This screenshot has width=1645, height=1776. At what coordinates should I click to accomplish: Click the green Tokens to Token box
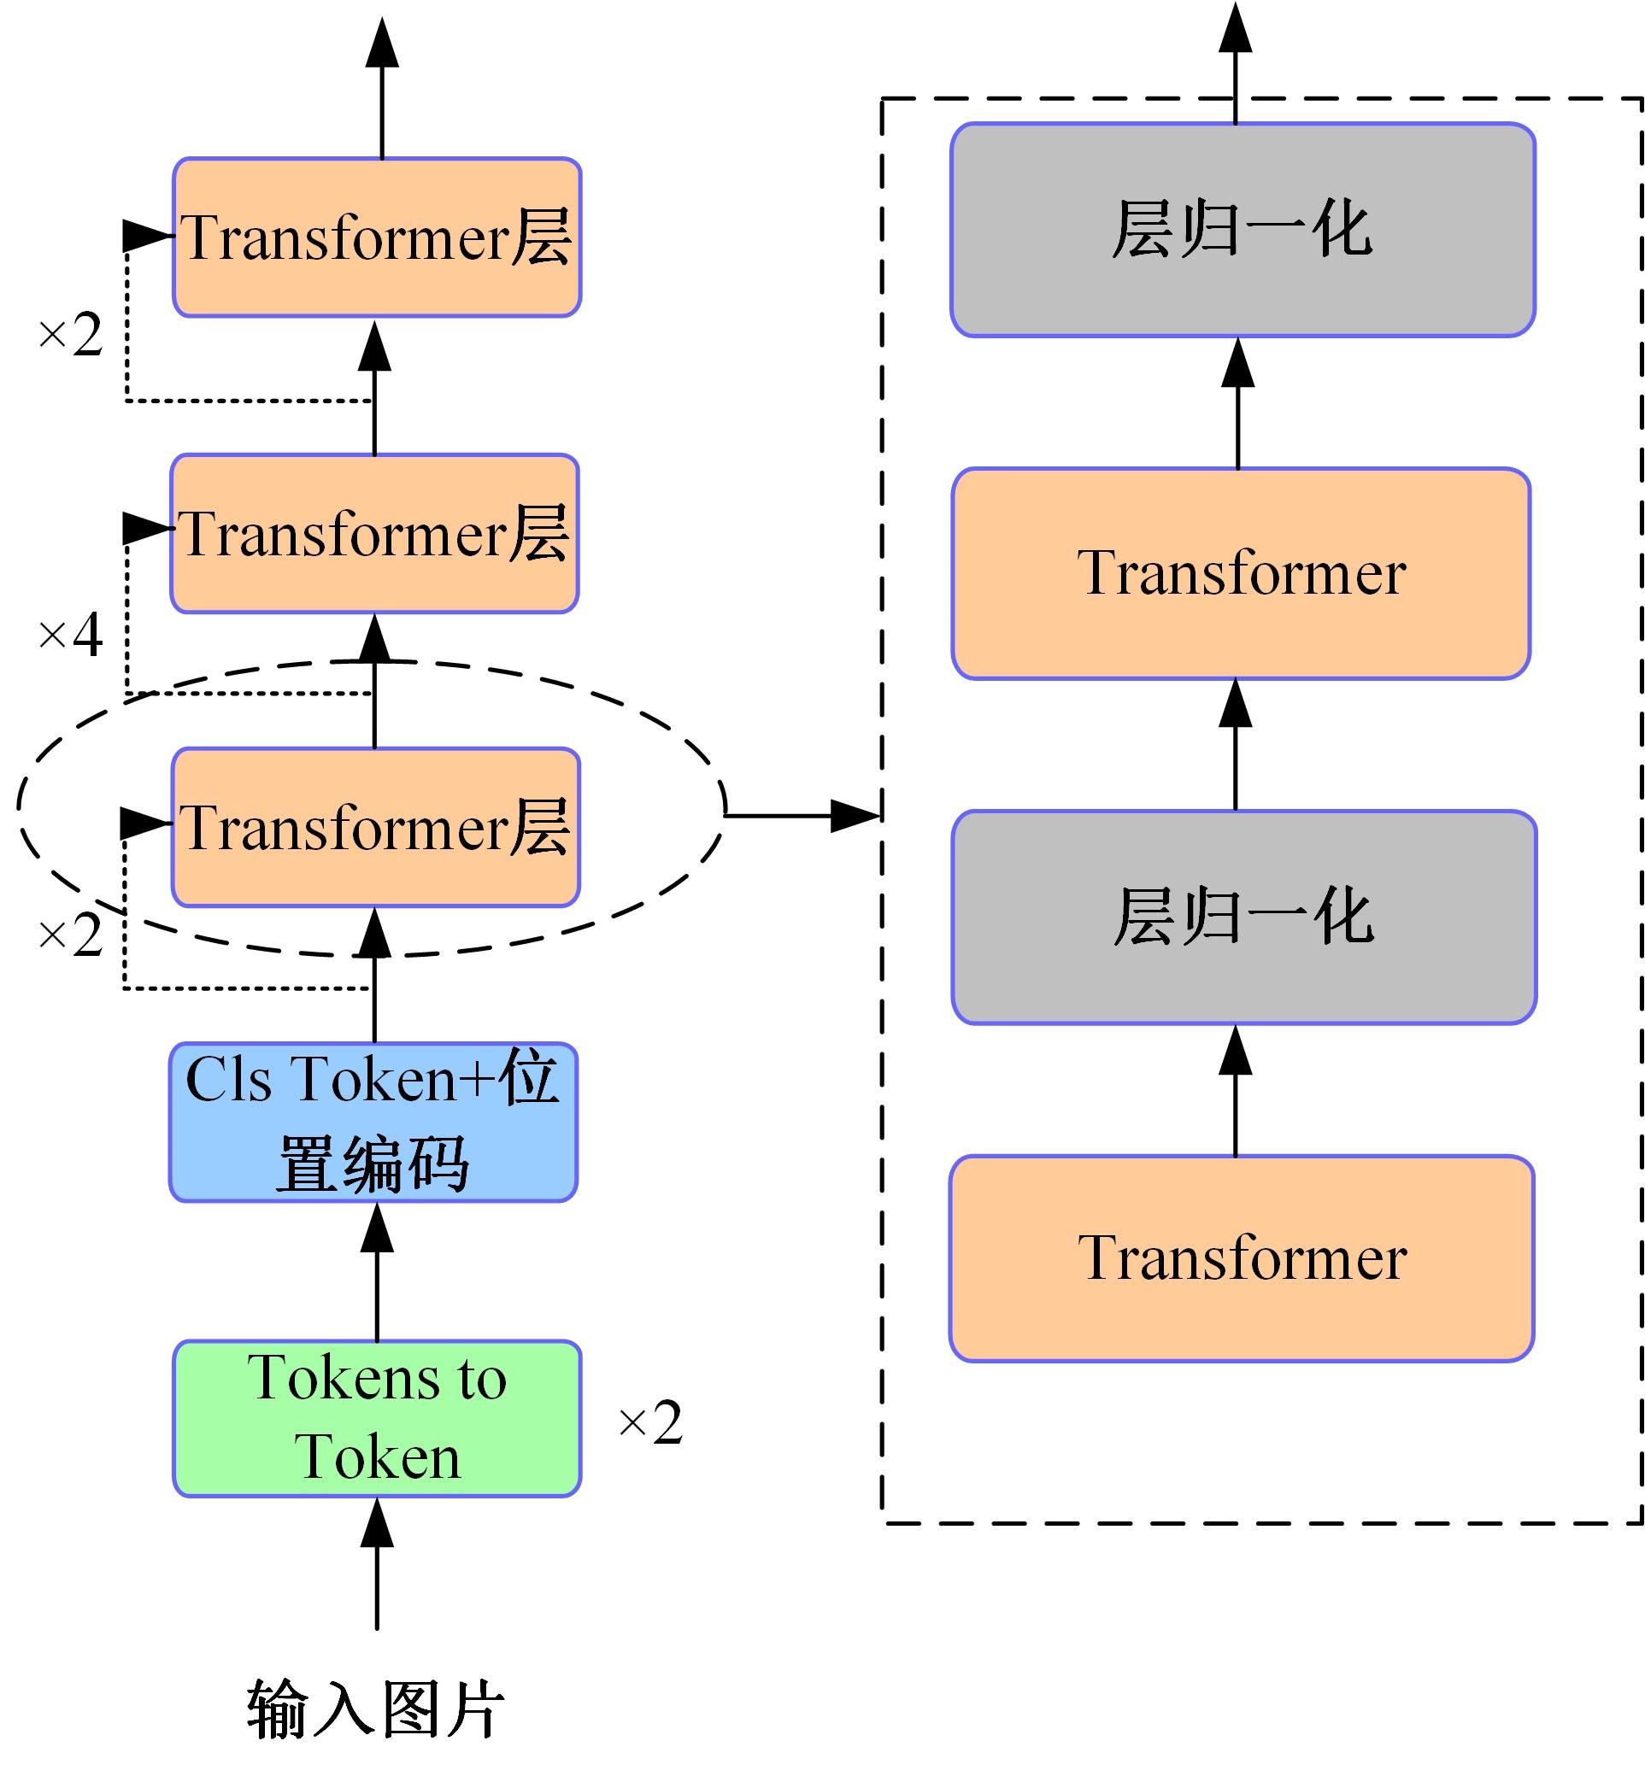pyautogui.click(x=377, y=1418)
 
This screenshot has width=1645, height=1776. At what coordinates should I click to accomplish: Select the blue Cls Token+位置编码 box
pyautogui.click(x=373, y=1122)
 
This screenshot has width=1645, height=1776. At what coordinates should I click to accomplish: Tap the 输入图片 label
pyautogui.click(x=376, y=1709)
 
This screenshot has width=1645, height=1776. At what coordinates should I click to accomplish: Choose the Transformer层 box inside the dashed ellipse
pyautogui.click(x=375, y=828)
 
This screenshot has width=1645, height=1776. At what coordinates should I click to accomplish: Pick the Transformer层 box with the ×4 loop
pyautogui.click(x=375, y=534)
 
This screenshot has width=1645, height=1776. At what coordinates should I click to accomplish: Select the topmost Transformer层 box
pyautogui.click(x=377, y=237)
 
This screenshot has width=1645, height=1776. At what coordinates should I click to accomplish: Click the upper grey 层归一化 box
pyautogui.click(x=1243, y=230)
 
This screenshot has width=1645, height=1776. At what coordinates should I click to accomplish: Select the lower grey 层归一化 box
pyautogui.click(x=1243, y=917)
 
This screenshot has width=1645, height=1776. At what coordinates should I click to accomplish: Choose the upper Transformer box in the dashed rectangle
pyautogui.click(x=1241, y=573)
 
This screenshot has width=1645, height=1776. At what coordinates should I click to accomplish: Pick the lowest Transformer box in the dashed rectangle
pyautogui.click(x=1242, y=1258)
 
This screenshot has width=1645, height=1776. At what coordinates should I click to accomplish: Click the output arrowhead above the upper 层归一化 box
pyautogui.click(x=1236, y=26)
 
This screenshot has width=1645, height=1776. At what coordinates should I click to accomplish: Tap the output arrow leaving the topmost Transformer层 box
pyautogui.click(x=382, y=89)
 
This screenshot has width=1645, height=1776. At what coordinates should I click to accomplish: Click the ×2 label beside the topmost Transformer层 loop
pyautogui.click(x=70, y=336)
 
